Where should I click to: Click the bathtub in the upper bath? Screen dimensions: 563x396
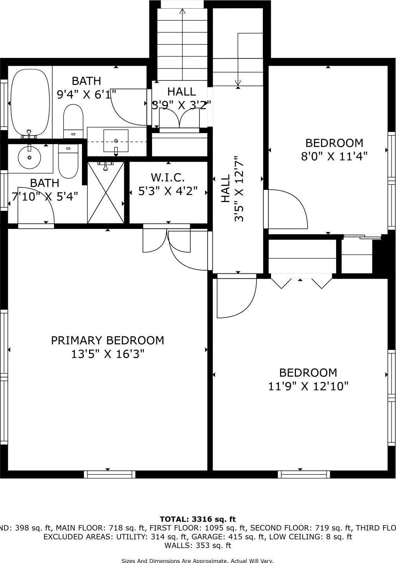click(x=30, y=102)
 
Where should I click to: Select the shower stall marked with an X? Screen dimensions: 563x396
click(x=105, y=192)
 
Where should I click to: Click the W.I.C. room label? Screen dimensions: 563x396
click(x=168, y=177)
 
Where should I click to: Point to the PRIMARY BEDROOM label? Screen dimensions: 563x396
click(x=108, y=340)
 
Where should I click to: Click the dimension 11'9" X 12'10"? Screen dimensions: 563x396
click(x=308, y=386)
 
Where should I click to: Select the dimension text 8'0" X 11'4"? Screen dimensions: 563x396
click(x=334, y=156)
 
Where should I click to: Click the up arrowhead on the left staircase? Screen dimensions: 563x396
click(x=182, y=11)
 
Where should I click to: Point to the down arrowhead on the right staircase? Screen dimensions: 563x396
click(x=238, y=83)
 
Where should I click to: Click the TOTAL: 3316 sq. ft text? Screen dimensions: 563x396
click(x=198, y=519)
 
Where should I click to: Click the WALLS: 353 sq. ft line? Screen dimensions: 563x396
click(x=198, y=546)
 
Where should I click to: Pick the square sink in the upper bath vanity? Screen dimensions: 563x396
click(x=116, y=141)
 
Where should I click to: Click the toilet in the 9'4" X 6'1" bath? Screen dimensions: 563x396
click(x=73, y=120)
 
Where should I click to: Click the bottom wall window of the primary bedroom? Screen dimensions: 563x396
click(x=110, y=474)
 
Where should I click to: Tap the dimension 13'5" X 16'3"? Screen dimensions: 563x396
click(x=108, y=354)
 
